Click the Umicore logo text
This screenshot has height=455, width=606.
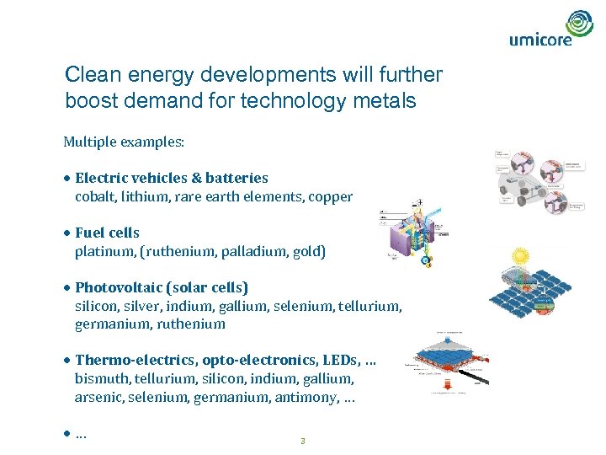tap(540, 38)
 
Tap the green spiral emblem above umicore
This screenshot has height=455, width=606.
tap(579, 22)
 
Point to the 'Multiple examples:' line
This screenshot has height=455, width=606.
tap(124, 141)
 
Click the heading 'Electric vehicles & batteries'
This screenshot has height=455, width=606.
tap(171, 178)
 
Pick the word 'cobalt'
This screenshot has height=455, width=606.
tap(94, 196)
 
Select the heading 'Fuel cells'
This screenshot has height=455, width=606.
tap(107, 233)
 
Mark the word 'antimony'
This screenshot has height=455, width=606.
tap(306, 397)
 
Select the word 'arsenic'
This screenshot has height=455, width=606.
tap(98, 397)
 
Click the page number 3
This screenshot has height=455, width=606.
tap(302, 441)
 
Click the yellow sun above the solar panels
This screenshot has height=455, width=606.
tap(520, 255)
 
